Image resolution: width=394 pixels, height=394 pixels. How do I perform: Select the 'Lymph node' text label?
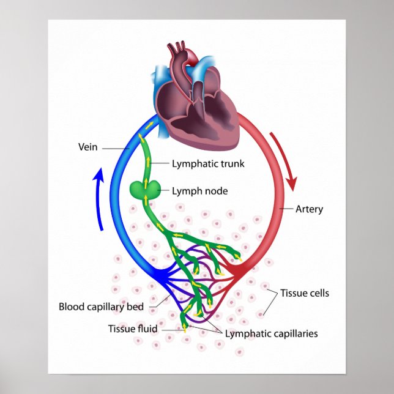pos(199,191)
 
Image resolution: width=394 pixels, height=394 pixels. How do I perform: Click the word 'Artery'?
pos(309,209)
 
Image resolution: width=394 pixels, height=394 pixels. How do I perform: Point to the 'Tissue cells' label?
pos(305,293)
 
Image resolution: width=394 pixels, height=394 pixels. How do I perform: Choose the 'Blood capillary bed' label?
pos(102,307)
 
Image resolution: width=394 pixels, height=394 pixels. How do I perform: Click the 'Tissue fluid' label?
pos(133,329)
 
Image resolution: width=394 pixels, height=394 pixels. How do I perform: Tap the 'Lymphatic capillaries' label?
pos(271,333)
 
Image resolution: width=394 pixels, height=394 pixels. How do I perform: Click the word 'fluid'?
pos(147,329)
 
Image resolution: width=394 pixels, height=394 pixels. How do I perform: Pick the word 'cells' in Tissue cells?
pos(318,293)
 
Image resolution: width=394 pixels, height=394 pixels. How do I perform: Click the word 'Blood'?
pos(71,307)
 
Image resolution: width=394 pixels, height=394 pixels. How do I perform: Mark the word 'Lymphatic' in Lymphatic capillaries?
pos(245,333)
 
